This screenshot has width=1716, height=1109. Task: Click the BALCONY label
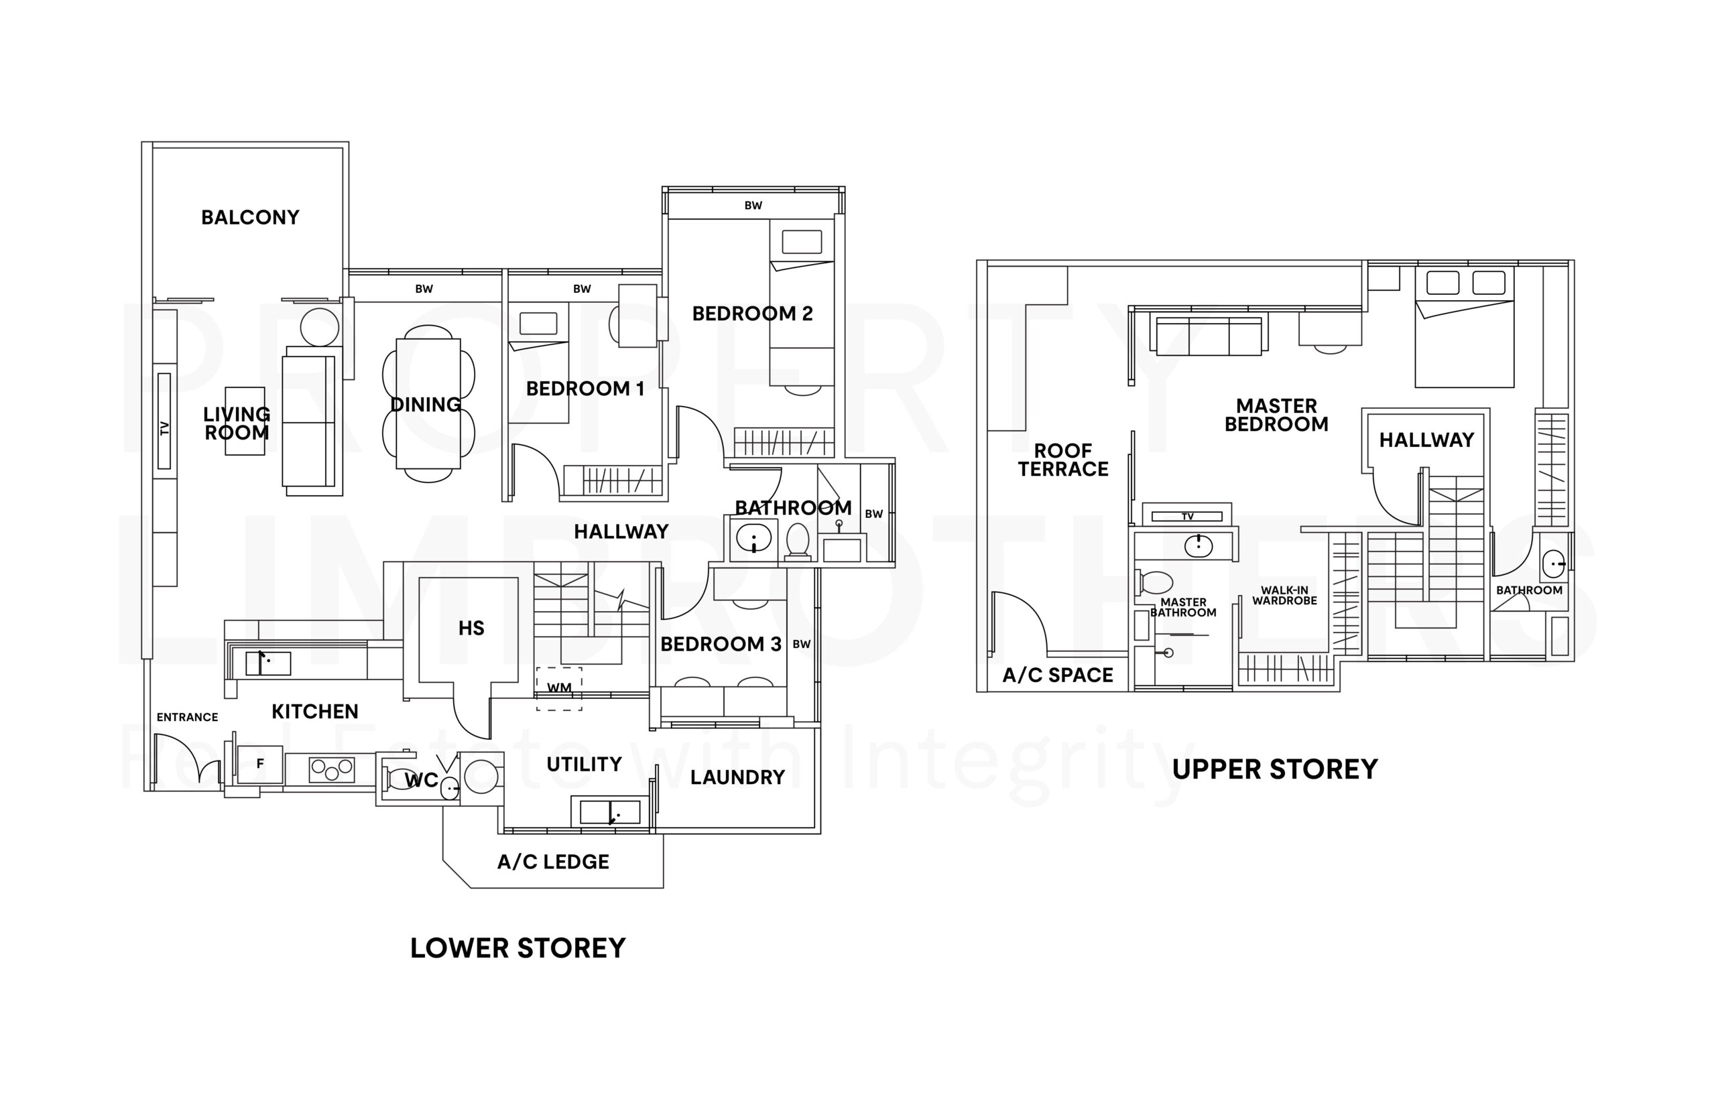[250, 218]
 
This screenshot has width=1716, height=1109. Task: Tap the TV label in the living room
[164, 428]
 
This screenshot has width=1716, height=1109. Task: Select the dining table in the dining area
[428, 404]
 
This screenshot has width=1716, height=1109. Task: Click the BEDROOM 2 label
[752, 313]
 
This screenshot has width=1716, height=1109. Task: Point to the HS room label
[471, 628]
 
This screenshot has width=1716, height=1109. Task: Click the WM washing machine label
[559, 688]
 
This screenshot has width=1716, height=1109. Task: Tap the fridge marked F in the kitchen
[260, 763]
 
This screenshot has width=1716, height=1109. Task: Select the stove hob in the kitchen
[332, 769]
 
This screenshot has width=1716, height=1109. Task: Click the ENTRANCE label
[187, 717]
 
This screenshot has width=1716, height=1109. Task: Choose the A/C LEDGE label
[553, 862]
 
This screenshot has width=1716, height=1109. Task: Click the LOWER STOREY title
[518, 948]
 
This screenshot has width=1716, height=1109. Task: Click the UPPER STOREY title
[1274, 770]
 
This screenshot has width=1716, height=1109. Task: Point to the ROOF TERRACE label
[1062, 460]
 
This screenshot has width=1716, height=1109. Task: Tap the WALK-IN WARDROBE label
[1284, 596]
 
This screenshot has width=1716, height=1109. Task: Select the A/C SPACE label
[1058, 675]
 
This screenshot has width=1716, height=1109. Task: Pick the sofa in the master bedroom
[1209, 336]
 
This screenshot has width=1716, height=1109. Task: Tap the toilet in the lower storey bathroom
[798, 540]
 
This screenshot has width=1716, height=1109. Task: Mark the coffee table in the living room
[245, 421]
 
